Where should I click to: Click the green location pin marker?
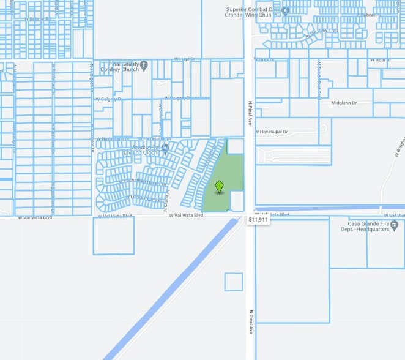[x=219, y=186]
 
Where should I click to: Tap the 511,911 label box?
[x=258, y=219]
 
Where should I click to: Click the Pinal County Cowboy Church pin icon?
[x=144, y=65]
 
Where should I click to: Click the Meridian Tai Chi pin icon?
[x=165, y=146]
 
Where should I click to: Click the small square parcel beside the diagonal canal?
[x=233, y=282]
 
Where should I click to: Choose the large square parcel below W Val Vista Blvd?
[x=113, y=235]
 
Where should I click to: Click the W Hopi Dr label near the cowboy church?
[x=184, y=59]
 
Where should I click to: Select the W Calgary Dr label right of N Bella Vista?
[x=177, y=98]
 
